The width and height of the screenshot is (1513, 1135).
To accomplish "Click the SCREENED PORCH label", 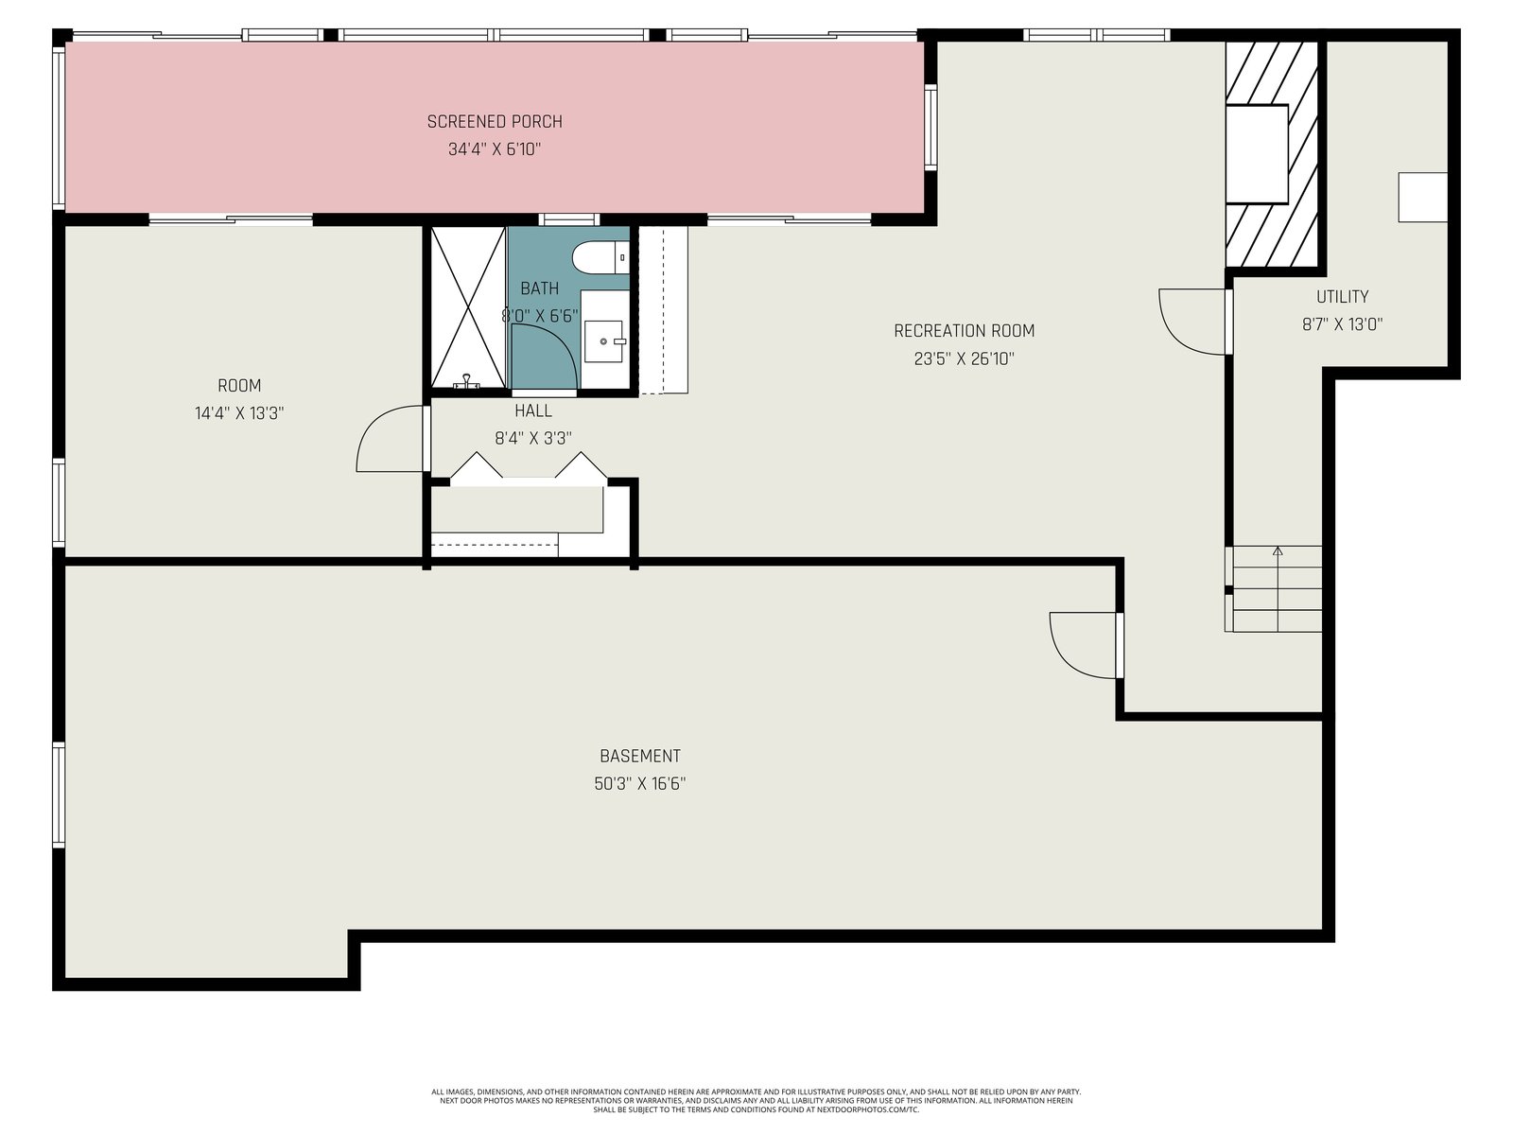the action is click(x=495, y=122).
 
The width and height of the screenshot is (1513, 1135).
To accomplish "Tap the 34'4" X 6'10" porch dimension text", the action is click(x=495, y=149).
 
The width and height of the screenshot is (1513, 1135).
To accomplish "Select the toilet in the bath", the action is click(x=600, y=258).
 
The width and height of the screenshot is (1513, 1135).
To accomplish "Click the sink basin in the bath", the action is click(x=603, y=341).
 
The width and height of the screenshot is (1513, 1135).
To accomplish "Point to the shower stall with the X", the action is click(x=468, y=307).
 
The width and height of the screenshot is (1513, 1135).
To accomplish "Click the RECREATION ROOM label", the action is click(x=964, y=331).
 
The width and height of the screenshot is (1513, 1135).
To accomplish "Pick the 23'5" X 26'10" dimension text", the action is click(x=964, y=359).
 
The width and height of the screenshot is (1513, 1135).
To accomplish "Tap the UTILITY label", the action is click(x=1341, y=297).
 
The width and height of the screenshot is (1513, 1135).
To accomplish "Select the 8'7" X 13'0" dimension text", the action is click(x=1341, y=324).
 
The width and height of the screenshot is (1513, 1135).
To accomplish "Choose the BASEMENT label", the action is click(x=639, y=757).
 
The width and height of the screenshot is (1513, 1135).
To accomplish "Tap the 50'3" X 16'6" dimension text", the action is click(x=639, y=784).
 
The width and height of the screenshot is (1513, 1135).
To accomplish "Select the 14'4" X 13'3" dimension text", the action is click(x=239, y=413).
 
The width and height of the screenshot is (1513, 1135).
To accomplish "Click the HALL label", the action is click(x=532, y=410).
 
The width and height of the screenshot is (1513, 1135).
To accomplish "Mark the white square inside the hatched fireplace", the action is click(x=1257, y=154).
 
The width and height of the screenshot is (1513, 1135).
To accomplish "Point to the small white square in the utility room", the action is click(x=1422, y=197).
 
